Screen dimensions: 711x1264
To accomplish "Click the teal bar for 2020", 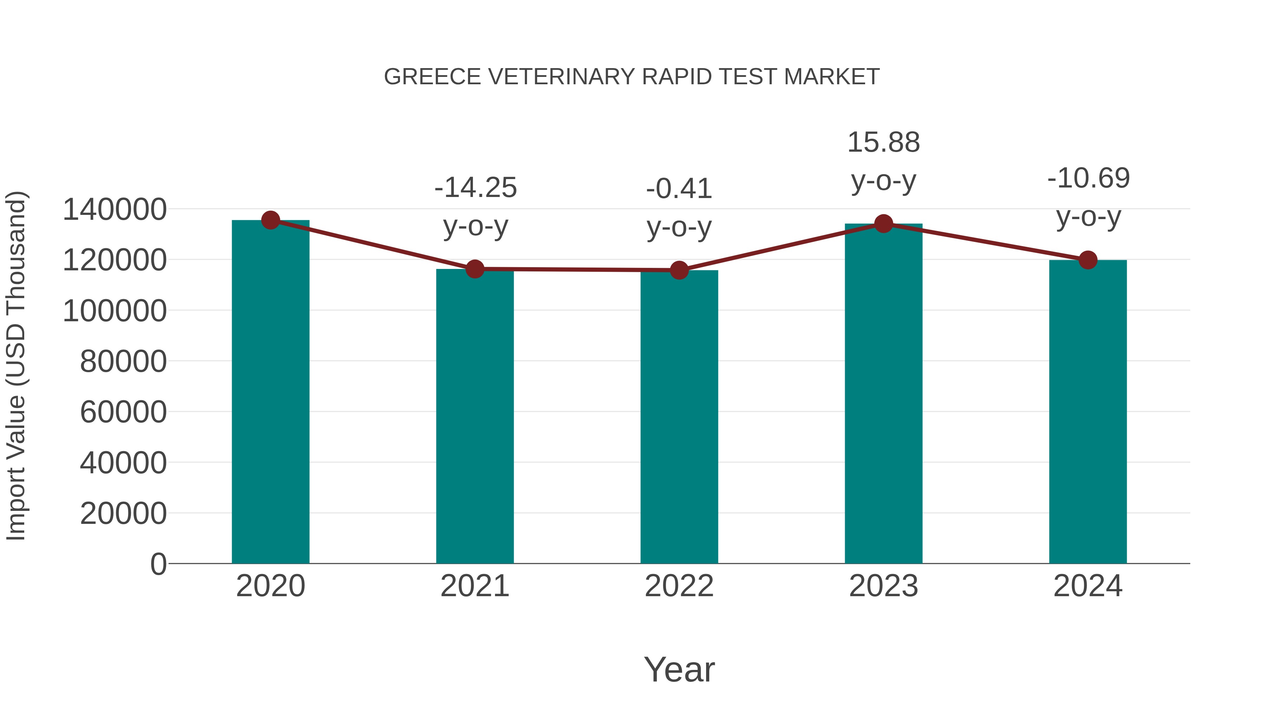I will click(270, 393).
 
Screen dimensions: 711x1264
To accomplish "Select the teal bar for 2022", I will click(679, 417).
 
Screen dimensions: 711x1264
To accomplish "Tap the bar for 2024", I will click(1088, 412).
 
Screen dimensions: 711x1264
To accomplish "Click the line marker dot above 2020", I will click(270, 220).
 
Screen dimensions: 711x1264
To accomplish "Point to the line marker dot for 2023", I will click(884, 224).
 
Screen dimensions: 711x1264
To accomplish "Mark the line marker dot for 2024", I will click(1088, 260).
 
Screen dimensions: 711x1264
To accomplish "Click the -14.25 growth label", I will click(475, 188).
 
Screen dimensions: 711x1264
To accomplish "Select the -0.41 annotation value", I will click(679, 189).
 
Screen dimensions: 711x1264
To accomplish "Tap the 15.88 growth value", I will click(884, 143).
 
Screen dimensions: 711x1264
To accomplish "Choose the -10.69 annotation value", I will click(1088, 178).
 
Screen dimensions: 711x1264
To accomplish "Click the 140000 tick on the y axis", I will click(115, 210).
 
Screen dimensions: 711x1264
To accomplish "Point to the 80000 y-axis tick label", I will click(123, 362).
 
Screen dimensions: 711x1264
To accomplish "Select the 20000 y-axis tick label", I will click(123, 514).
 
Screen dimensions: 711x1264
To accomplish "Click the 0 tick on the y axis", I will click(158, 564).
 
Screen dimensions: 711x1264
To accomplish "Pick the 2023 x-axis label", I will click(884, 586).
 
